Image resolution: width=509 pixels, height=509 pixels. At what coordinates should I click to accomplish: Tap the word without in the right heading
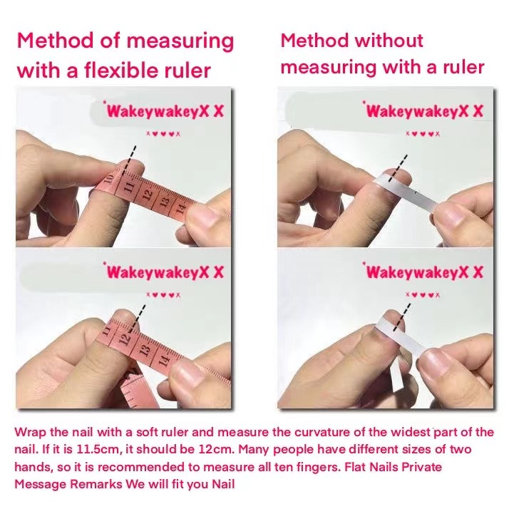click(389, 41)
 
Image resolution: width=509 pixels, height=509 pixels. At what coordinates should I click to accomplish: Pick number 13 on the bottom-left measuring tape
click(145, 350)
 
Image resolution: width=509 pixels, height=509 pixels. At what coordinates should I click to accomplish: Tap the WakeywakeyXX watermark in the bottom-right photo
click(424, 272)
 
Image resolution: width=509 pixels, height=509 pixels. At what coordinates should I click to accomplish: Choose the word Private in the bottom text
click(422, 467)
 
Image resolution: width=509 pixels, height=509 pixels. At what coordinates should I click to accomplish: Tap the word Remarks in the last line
click(96, 484)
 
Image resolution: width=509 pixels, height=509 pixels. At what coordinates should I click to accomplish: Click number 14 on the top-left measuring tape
click(180, 207)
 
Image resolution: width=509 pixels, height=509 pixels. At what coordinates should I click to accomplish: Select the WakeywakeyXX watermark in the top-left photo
click(164, 110)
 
